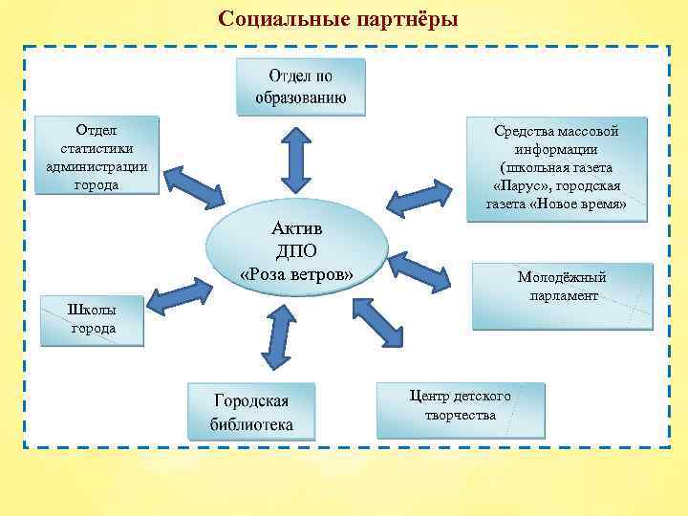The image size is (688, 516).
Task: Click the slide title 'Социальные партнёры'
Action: (x=338, y=19)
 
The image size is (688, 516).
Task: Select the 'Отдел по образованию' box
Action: (x=301, y=86)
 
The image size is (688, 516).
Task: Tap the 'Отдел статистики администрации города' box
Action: (x=97, y=155)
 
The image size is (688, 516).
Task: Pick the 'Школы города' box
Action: (x=92, y=319)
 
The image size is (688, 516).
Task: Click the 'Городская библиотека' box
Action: (x=252, y=412)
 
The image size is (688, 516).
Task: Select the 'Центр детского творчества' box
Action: (x=461, y=408)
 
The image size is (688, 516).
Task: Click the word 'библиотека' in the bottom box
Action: (x=252, y=424)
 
